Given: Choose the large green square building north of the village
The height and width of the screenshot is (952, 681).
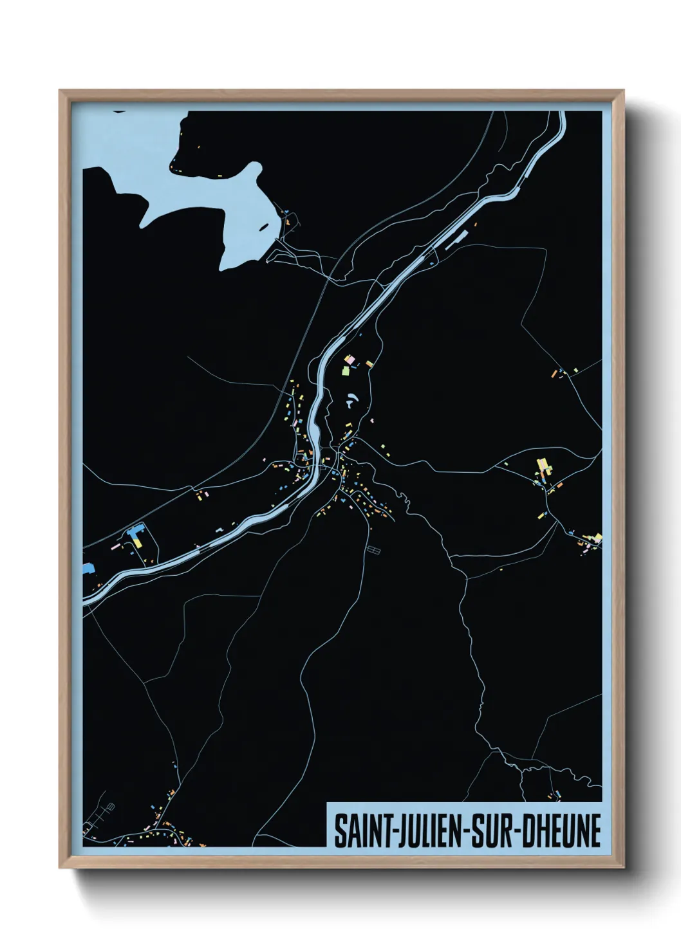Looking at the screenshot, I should pos(345,371).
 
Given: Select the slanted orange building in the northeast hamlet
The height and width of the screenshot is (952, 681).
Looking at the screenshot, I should pos(554,372).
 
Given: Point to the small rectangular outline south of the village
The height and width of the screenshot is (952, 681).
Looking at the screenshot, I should pos(373,551).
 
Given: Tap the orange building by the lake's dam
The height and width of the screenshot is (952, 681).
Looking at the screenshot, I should pos(288,223).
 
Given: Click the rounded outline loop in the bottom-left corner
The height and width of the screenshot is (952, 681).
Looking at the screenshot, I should pos(109,807).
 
